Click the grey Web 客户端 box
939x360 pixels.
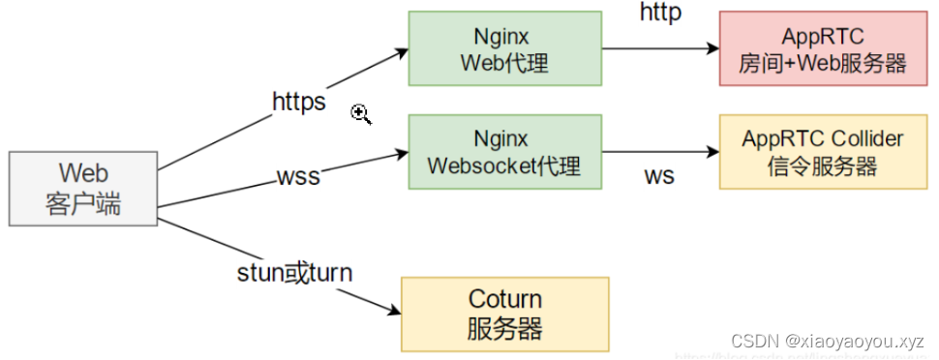(x=82, y=189)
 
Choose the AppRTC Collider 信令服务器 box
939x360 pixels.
(x=822, y=152)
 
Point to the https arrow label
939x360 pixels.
(x=299, y=102)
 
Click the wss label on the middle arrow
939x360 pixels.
(x=298, y=177)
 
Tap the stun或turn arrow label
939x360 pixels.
(x=294, y=273)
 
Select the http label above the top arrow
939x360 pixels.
(x=660, y=13)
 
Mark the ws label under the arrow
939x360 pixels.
(x=659, y=176)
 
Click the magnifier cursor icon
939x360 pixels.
(x=361, y=115)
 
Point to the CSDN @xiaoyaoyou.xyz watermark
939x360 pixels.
(x=828, y=341)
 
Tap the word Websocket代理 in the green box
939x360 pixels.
(x=503, y=166)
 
